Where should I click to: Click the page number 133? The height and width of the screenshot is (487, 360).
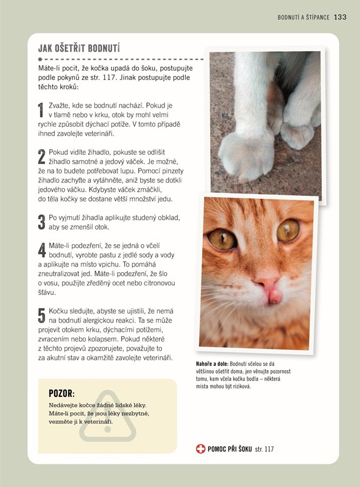pos(340,17)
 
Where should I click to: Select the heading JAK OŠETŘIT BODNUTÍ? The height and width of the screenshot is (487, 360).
pos(79,48)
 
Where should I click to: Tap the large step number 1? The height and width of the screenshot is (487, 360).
pos(41,110)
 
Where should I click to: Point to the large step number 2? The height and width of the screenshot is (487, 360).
pos(41,157)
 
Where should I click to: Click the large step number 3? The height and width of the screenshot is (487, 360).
pos(41,222)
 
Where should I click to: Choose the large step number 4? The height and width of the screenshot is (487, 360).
pos(42,250)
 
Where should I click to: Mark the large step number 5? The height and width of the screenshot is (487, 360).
pos(41,315)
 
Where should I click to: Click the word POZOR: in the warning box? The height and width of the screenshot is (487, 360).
pos(62,393)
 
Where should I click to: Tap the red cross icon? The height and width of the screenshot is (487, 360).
pos(200,449)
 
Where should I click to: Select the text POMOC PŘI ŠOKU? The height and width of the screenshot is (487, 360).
pos(230,449)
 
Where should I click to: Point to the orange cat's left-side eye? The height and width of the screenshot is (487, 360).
pos(222,239)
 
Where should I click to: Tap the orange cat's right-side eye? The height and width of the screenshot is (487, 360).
pos(288,230)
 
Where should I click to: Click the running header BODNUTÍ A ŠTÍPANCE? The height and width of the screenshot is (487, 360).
pos(303,18)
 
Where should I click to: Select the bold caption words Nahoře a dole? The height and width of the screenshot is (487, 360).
pos(212,363)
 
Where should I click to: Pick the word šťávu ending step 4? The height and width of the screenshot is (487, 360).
pos(47,292)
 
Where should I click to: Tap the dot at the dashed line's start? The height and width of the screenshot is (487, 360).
pos(40,59)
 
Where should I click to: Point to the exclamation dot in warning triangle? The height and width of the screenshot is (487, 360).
pos(108,430)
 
